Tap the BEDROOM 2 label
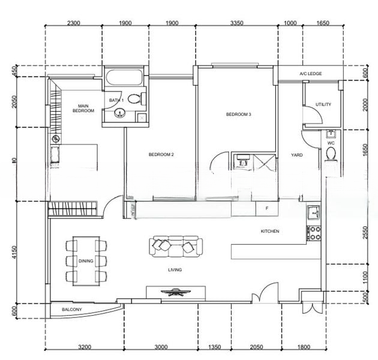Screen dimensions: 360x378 coord(161,155)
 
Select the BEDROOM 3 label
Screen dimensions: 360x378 coord(238,114)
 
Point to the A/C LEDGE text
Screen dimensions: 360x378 coord(311,74)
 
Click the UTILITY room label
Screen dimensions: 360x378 coord(323,104)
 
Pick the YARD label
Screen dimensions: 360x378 coord(296,155)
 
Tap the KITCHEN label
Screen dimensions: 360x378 coord(270,232)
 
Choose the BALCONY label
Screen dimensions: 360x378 coord(71,310)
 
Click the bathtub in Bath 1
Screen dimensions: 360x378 coord(124,78)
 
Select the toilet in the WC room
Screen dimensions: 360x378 coord(331,155)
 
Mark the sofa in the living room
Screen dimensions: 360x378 coord(176,246)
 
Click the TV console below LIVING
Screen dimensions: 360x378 coord(176,293)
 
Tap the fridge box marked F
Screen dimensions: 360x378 coord(266,208)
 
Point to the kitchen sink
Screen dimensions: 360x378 coord(314,213)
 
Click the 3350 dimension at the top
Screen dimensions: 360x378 coord(236,23)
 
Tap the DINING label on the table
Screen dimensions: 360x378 coord(86,261)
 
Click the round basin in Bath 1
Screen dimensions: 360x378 coord(119,112)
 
